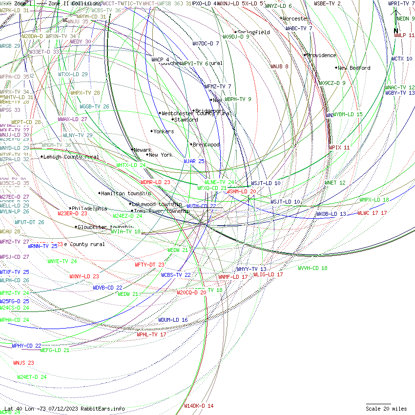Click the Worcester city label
296,19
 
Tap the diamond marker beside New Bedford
336,68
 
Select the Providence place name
322,55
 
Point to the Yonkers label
164,131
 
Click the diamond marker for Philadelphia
70,208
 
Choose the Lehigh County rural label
71,157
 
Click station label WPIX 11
339,147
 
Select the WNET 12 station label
335,183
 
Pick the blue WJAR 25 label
194,161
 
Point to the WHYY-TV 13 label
251,269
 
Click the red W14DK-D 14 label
199,406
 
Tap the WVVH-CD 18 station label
312,268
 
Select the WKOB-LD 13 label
331,214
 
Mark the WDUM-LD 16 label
173,320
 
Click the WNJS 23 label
23,363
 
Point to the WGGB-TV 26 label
95,106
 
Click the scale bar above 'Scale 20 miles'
378,404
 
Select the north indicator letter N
396,31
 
